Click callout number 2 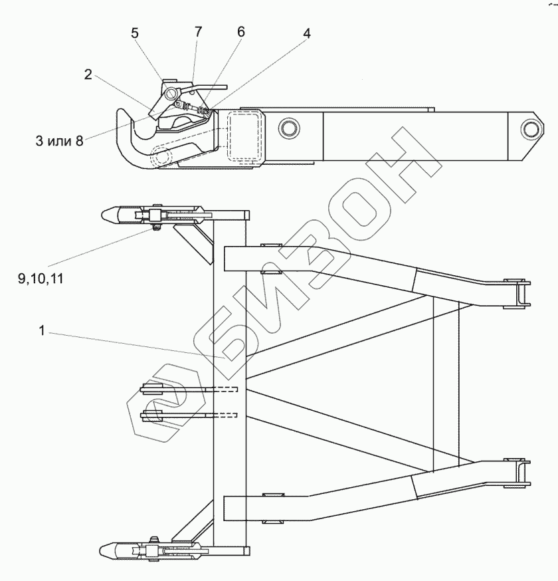pyautogui.click(x=88, y=74)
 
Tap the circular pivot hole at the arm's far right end pyautogui.click(x=531, y=128)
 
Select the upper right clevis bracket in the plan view pyautogui.click(x=517, y=294)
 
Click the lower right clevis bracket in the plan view pyautogui.click(x=517, y=473)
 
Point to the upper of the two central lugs pyautogui.click(x=151, y=389)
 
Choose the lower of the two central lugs pyautogui.click(x=151, y=416)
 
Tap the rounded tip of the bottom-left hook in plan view pyautogui.click(x=106, y=550)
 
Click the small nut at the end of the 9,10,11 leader pyautogui.click(x=157, y=229)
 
